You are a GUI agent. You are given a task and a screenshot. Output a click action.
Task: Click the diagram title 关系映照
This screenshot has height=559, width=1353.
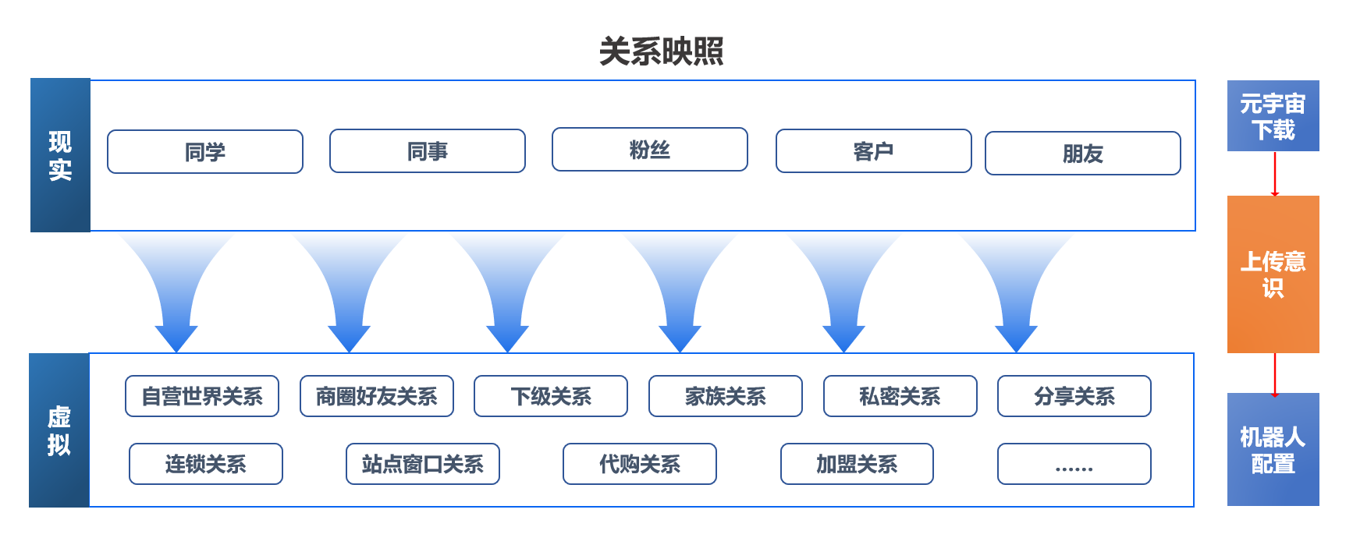(661, 51)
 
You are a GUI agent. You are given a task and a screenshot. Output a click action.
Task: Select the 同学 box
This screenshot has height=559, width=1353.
(205, 151)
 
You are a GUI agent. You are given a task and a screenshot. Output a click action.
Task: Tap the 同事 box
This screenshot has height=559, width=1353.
(428, 150)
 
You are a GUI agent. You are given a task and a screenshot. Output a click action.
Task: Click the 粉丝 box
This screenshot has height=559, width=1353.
(650, 149)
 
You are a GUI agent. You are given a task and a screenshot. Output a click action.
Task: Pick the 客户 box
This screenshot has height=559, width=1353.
(874, 150)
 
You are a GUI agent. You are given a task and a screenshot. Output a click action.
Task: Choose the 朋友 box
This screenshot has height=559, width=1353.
(1083, 153)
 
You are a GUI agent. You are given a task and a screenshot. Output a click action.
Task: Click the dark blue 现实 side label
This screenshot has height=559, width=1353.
(60, 155)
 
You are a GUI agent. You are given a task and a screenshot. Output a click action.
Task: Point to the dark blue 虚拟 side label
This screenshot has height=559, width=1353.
(59, 430)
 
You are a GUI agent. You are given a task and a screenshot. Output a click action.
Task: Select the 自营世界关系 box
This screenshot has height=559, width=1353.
(202, 396)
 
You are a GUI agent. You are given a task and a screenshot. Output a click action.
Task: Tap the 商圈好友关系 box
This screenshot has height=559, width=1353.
(377, 396)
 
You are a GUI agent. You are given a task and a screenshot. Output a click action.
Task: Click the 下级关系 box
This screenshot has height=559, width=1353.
(551, 396)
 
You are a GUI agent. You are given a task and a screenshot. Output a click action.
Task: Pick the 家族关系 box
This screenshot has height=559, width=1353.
(726, 396)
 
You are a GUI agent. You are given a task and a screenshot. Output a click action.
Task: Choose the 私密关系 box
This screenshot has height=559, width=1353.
(900, 396)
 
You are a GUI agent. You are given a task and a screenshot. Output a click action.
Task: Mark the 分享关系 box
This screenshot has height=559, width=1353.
(1074, 396)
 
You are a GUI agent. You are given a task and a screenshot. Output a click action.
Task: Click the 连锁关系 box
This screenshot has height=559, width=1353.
(206, 464)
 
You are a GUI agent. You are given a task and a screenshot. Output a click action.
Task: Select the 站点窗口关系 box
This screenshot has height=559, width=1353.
(423, 464)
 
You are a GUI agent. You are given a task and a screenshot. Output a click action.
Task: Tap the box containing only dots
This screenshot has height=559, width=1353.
(1074, 464)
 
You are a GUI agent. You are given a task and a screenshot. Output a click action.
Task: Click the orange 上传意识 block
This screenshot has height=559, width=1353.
(1273, 274)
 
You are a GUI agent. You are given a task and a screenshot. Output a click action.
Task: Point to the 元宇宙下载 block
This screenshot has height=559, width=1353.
(1273, 115)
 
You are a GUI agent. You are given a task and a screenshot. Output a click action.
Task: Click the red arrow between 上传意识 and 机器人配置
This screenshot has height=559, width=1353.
(1275, 375)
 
